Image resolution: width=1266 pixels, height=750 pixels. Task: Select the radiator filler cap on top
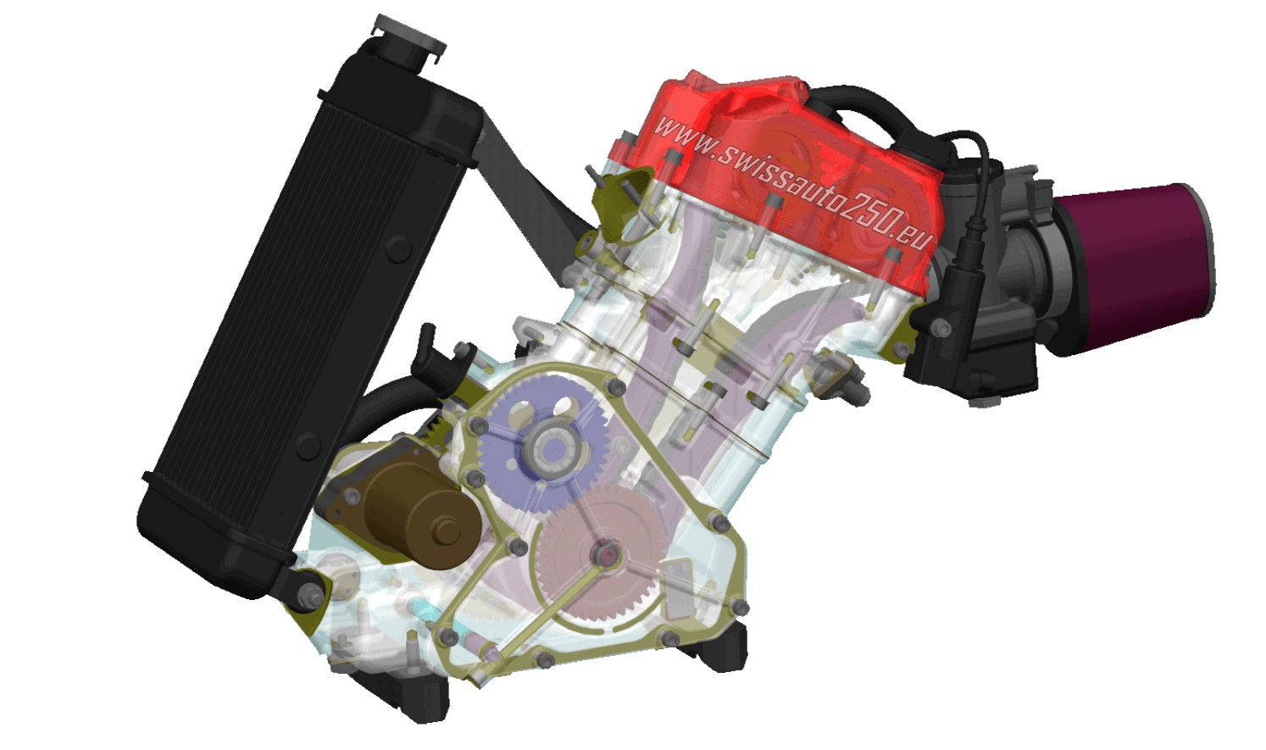[408, 34]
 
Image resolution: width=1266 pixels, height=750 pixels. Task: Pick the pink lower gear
[600, 557]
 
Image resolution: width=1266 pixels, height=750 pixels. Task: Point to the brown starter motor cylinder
[421, 517]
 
